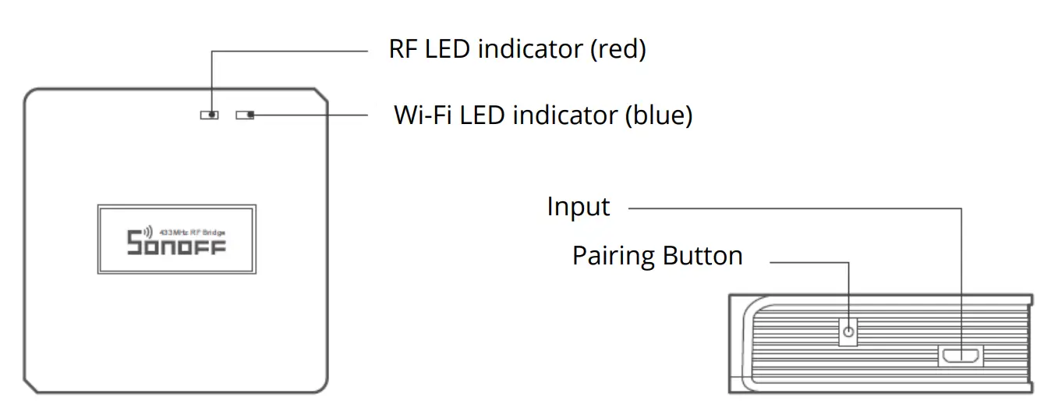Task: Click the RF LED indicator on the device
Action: (x=209, y=115)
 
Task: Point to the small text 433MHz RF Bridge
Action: (x=192, y=232)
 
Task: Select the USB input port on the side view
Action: (x=961, y=356)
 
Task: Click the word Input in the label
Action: (x=578, y=207)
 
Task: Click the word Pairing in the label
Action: (x=613, y=257)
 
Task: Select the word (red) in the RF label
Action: (x=618, y=50)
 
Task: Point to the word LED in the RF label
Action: (x=451, y=49)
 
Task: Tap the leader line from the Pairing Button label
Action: (x=811, y=262)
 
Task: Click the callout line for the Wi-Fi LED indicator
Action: (x=312, y=115)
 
